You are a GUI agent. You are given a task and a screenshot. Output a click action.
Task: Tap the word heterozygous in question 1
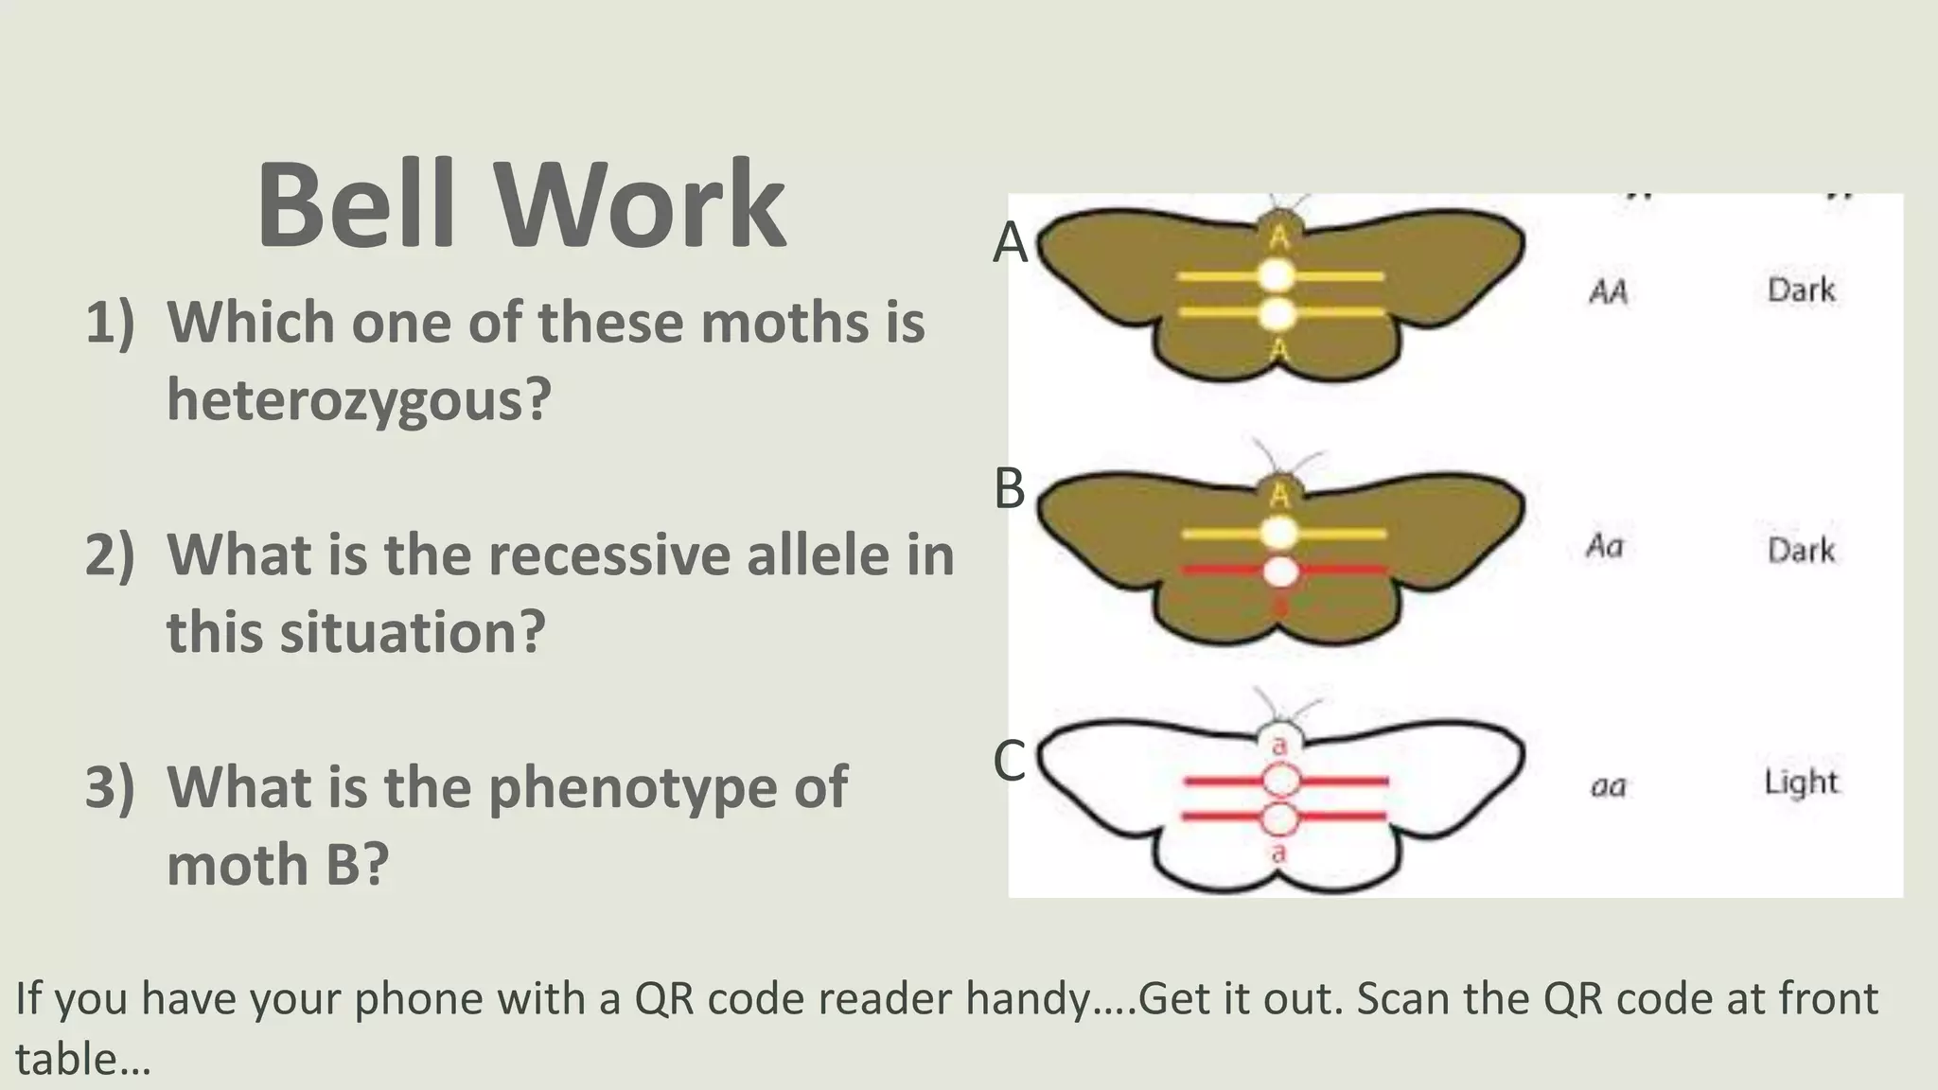tap(359, 400)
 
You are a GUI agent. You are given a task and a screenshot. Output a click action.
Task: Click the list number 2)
tap(110, 554)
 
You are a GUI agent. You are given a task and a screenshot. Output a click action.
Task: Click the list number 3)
tap(110, 787)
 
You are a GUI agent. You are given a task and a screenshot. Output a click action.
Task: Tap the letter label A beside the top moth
tap(1010, 243)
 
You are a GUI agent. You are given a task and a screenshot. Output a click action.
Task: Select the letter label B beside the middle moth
tap(1010, 489)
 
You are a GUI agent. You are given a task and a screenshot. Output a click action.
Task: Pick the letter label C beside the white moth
tap(1010, 761)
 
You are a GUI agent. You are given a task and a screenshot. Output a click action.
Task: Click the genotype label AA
tap(1608, 291)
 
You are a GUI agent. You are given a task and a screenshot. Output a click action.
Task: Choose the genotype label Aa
tap(1605, 546)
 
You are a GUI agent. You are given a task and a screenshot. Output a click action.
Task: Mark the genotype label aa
tap(1608, 785)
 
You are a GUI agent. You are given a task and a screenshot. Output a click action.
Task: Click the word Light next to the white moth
tap(1801, 782)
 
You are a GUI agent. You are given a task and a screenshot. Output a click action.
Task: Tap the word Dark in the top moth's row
tap(1801, 290)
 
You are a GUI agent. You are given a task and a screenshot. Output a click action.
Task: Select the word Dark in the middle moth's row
tap(1801, 550)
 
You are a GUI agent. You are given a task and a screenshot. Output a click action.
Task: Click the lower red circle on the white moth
tap(1280, 817)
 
